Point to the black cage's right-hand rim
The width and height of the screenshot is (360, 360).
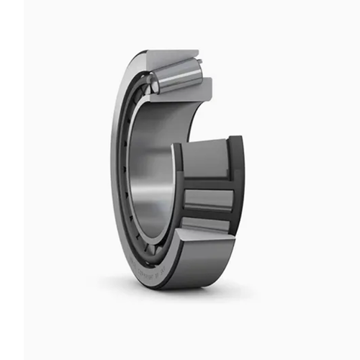coord(236,187)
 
